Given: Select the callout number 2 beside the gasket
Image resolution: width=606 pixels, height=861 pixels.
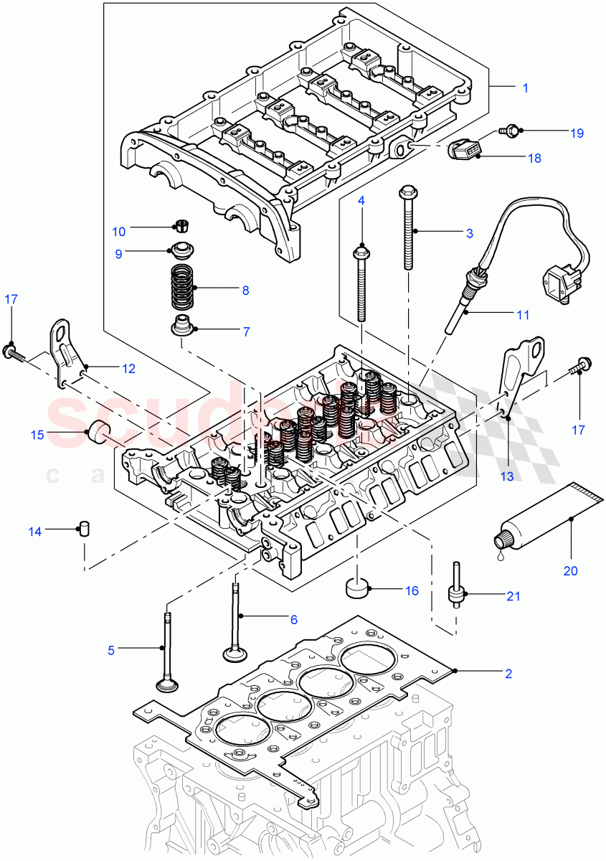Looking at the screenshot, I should click(x=508, y=673).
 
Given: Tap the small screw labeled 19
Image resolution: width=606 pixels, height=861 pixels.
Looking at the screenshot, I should click(x=510, y=131).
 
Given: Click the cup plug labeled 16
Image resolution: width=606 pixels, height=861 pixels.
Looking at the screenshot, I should click(x=357, y=587).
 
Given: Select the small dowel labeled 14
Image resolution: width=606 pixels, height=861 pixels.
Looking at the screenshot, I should click(x=84, y=531).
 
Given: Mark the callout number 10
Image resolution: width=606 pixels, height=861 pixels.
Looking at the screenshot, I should click(x=118, y=232).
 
